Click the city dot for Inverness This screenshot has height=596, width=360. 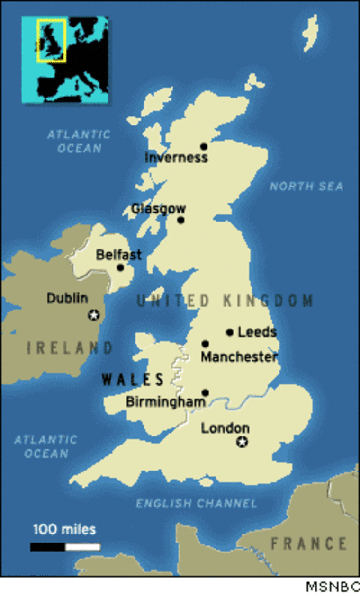[x=204, y=146]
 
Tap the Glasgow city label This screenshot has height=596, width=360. [x=158, y=209]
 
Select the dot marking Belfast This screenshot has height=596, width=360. [x=120, y=267]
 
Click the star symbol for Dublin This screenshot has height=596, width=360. [x=94, y=315]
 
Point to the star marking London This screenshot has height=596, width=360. [x=243, y=442]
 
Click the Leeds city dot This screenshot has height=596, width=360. [x=230, y=332]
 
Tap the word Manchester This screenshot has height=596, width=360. [x=239, y=356]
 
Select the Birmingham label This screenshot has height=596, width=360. [x=166, y=402]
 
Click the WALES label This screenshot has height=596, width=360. [x=133, y=379]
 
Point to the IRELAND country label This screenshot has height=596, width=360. [x=70, y=348]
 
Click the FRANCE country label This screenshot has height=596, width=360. [x=308, y=543]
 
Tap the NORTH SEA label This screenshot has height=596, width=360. [x=306, y=187]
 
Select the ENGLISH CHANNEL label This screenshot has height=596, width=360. [x=197, y=503]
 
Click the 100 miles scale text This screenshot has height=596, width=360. [x=64, y=529]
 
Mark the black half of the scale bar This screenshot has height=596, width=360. [x=48, y=547]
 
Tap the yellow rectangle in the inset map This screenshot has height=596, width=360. [x=51, y=40]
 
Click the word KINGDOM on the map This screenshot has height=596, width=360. [x=268, y=301]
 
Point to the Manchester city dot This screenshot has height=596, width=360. [x=205, y=344]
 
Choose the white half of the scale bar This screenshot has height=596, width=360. [x=83, y=547]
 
